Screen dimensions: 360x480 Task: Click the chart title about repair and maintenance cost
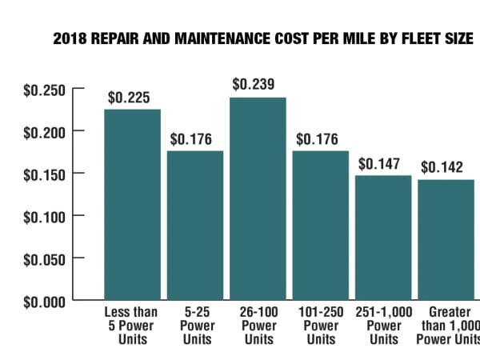262,38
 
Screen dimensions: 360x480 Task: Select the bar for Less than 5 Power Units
132,205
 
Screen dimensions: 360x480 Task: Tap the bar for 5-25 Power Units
195,225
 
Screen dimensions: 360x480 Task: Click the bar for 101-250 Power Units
321,225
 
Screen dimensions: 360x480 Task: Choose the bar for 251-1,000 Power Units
384,237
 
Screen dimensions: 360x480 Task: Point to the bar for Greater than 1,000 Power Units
446,239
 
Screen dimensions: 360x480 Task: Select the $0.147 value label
379,164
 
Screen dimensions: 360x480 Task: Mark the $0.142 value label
442,167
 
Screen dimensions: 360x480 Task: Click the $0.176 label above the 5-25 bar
191,139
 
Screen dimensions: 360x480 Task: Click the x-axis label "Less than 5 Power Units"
131,326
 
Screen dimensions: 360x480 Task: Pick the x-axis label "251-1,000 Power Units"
382,326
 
